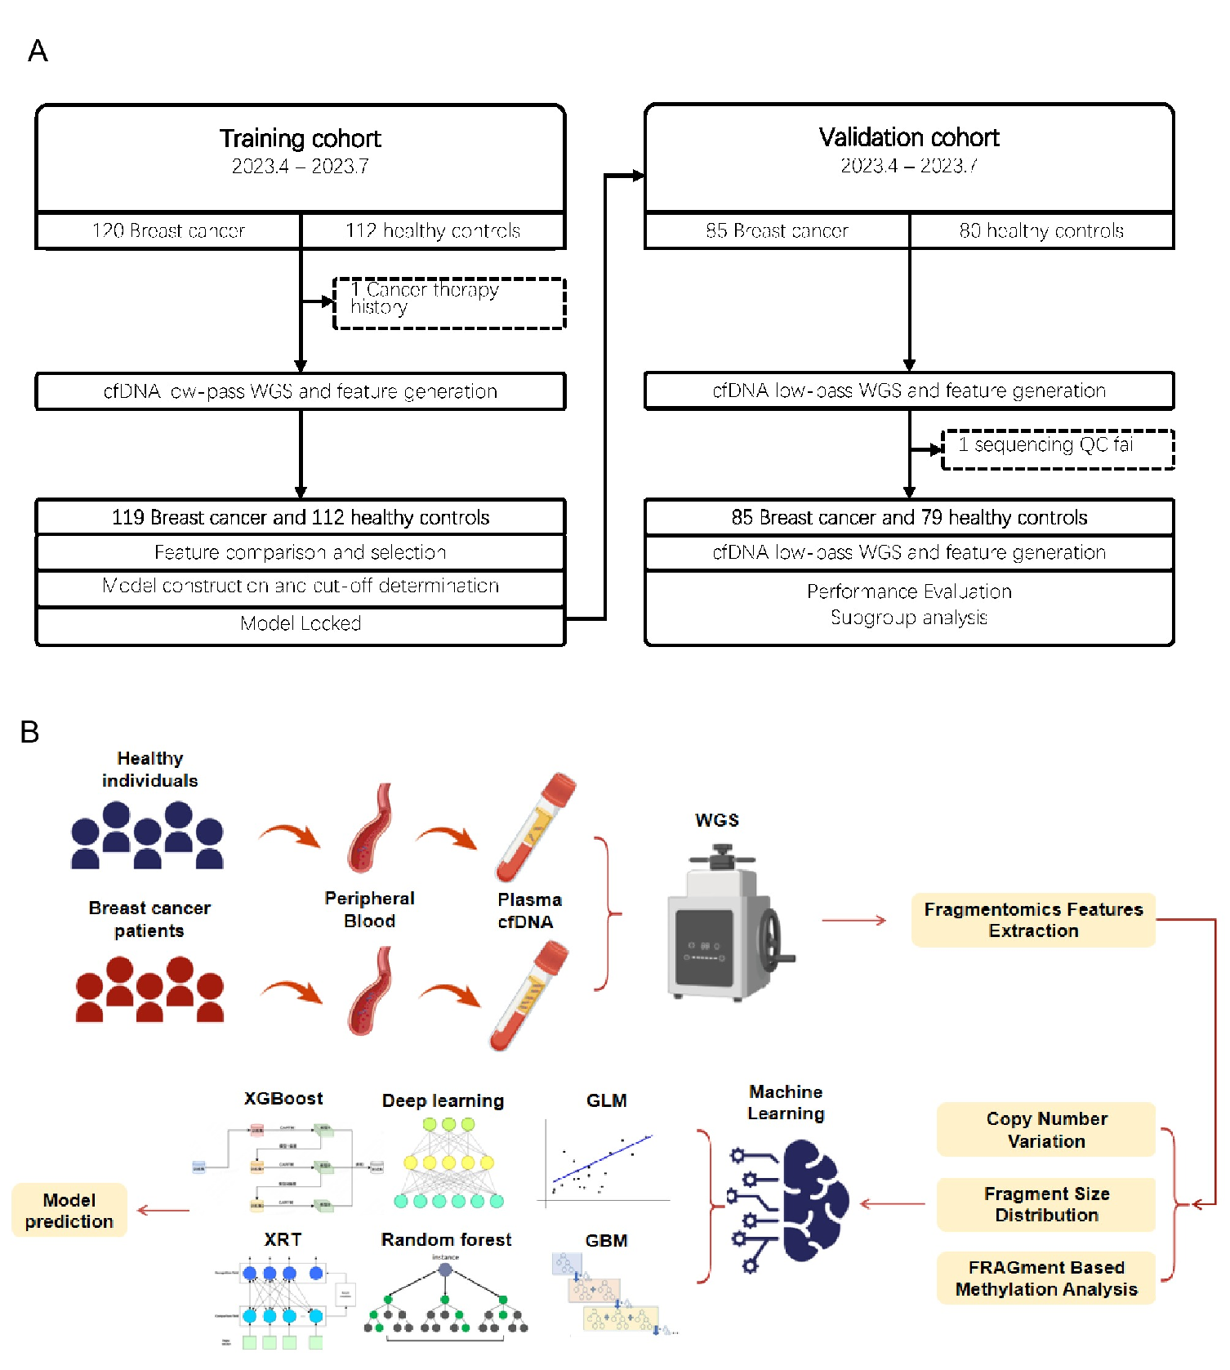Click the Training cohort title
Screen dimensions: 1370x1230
(x=300, y=139)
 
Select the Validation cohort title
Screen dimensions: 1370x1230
(x=908, y=138)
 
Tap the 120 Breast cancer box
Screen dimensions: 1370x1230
(x=168, y=231)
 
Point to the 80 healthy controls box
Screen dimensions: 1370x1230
(x=1041, y=231)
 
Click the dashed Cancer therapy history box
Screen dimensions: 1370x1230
(x=449, y=303)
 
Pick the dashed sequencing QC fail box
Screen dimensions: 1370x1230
(x=1058, y=449)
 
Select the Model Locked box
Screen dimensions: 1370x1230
(x=301, y=624)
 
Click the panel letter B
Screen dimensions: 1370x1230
(x=29, y=732)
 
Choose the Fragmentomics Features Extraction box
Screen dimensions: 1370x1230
(x=1033, y=920)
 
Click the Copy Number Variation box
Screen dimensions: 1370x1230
(x=1046, y=1130)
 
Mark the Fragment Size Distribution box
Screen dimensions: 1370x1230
(x=1046, y=1205)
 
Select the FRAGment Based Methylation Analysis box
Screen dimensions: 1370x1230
(x=1046, y=1279)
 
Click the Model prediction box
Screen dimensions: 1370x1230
(x=69, y=1211)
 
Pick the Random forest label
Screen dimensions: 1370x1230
(x=446, y=1240)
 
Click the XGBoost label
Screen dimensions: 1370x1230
(x=283, y=1099)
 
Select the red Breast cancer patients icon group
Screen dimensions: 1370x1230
(x=149, y=990)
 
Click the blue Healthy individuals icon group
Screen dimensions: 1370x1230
(x=148, y=835)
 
